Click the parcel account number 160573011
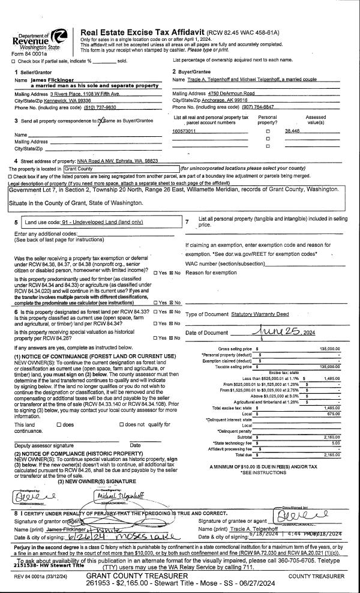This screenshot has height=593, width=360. click(185, 130)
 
